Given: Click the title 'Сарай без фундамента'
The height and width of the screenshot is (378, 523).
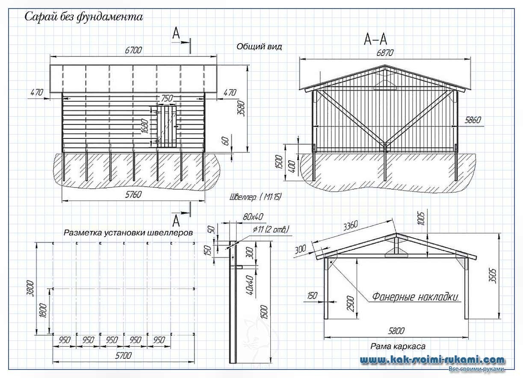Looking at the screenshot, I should click(x=83, y=17).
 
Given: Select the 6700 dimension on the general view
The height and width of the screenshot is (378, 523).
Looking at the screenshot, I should click(x=133, y=50).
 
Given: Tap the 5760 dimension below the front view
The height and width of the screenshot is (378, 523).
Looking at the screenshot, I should click(x=133, y=195).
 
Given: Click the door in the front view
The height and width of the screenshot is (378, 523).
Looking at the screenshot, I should click(x=167, y=127).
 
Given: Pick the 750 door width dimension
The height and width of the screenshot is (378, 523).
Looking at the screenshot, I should click(x=167, y=98).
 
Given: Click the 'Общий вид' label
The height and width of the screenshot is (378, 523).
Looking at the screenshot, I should click(x=259, y=47).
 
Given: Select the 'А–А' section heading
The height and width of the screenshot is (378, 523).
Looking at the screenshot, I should click(x=375, y=40).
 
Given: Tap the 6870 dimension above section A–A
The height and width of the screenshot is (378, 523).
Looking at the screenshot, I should click(x=384, y=53).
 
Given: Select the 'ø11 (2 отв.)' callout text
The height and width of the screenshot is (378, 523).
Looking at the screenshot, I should click(x=271, y=229).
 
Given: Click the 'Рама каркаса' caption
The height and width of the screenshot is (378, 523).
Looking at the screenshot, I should click(x=397, y=346).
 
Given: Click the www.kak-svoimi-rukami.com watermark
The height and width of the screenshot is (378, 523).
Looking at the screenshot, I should click(x=432, y=360).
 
